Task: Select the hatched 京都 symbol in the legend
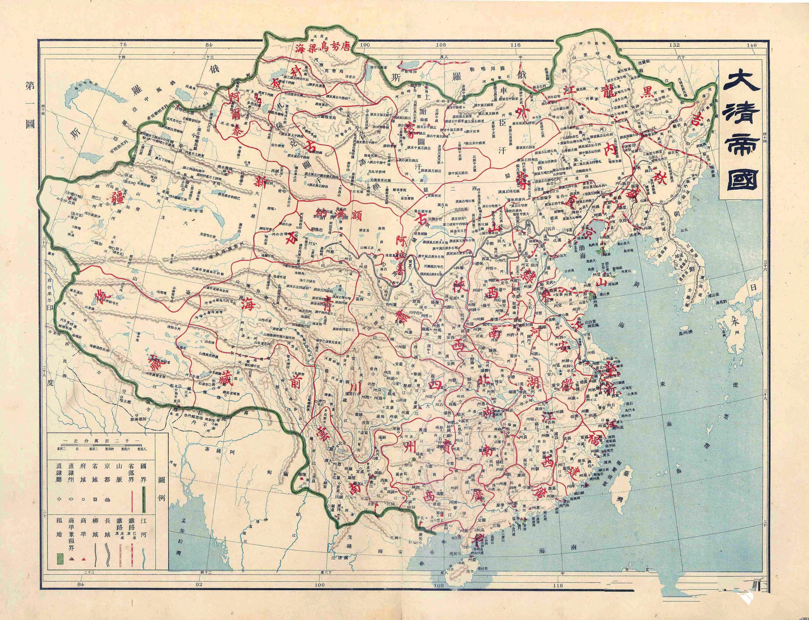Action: (107, 499)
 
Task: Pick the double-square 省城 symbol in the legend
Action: (95, 499)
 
